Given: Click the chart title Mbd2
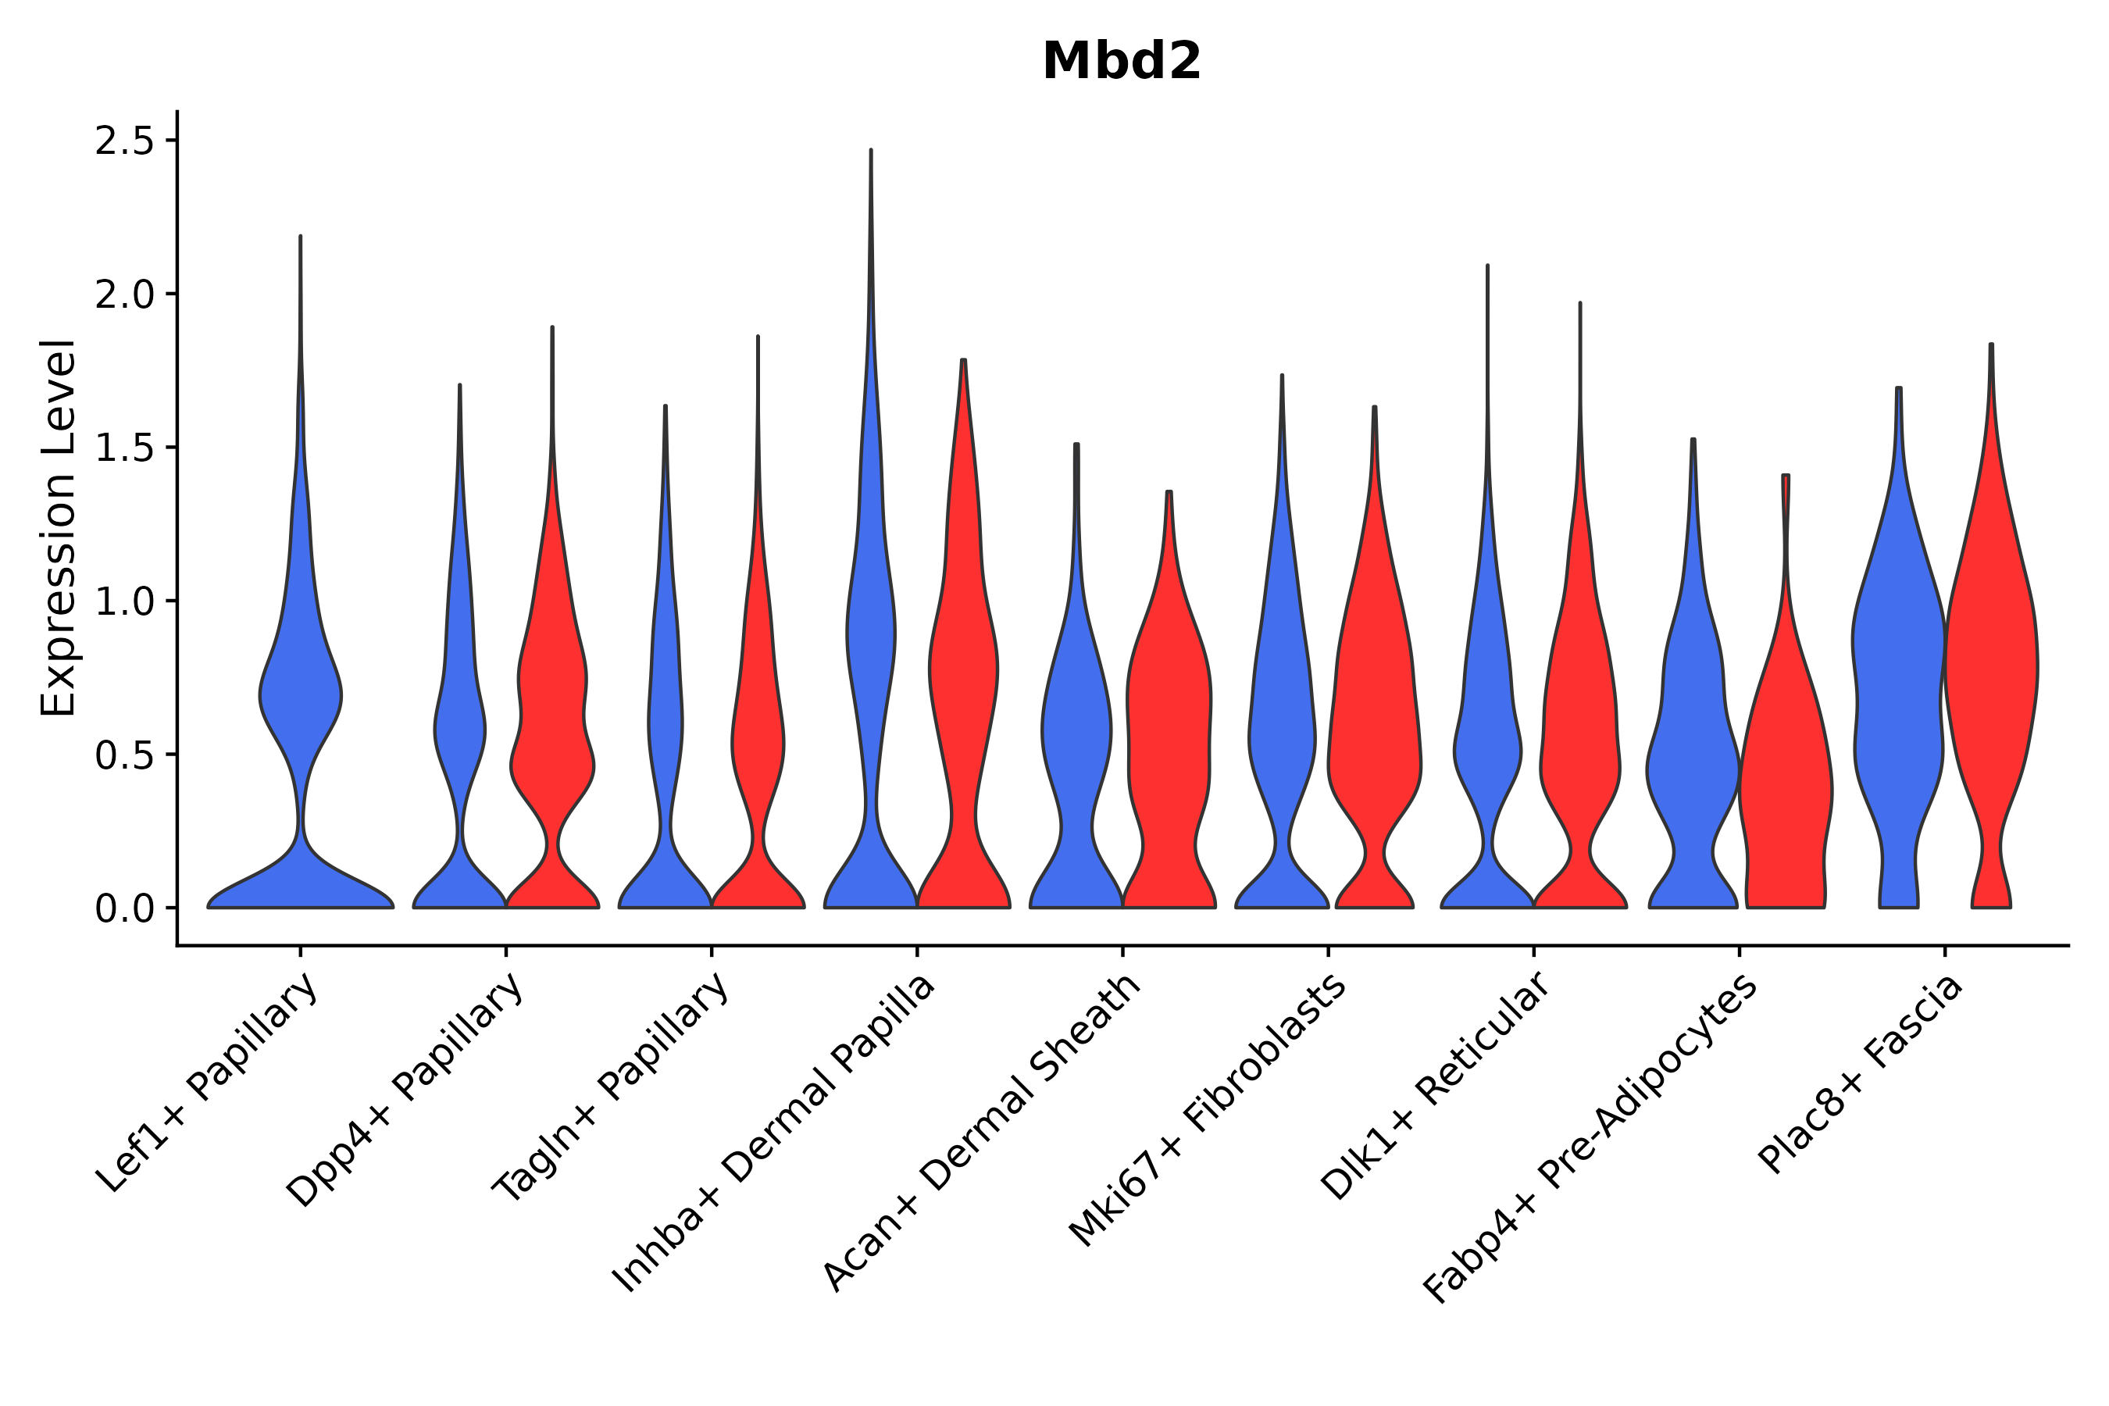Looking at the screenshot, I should click(1121, 62).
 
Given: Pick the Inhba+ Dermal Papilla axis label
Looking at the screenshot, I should click(773, 1133).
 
